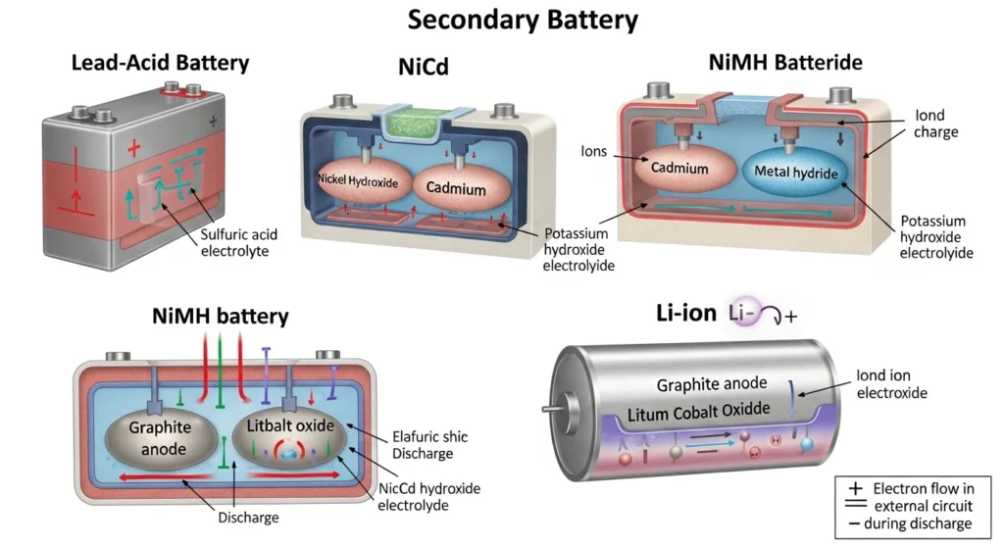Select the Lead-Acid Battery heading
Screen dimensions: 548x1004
[x=161, y=64]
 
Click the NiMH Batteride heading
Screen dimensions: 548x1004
[x=785, y=63]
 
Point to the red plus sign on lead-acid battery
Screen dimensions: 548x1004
[x=134, y=148]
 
